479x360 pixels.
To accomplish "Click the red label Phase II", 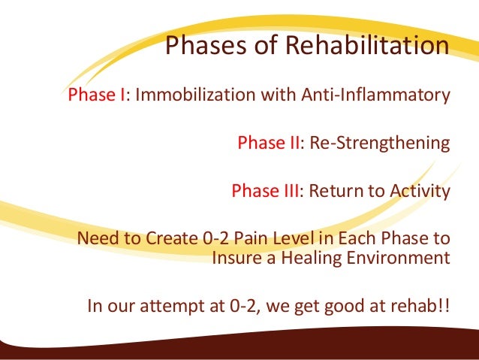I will click(269, 144).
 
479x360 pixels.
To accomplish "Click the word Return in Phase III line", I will click(333, 190).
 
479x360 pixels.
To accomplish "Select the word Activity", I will click(420, 190).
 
